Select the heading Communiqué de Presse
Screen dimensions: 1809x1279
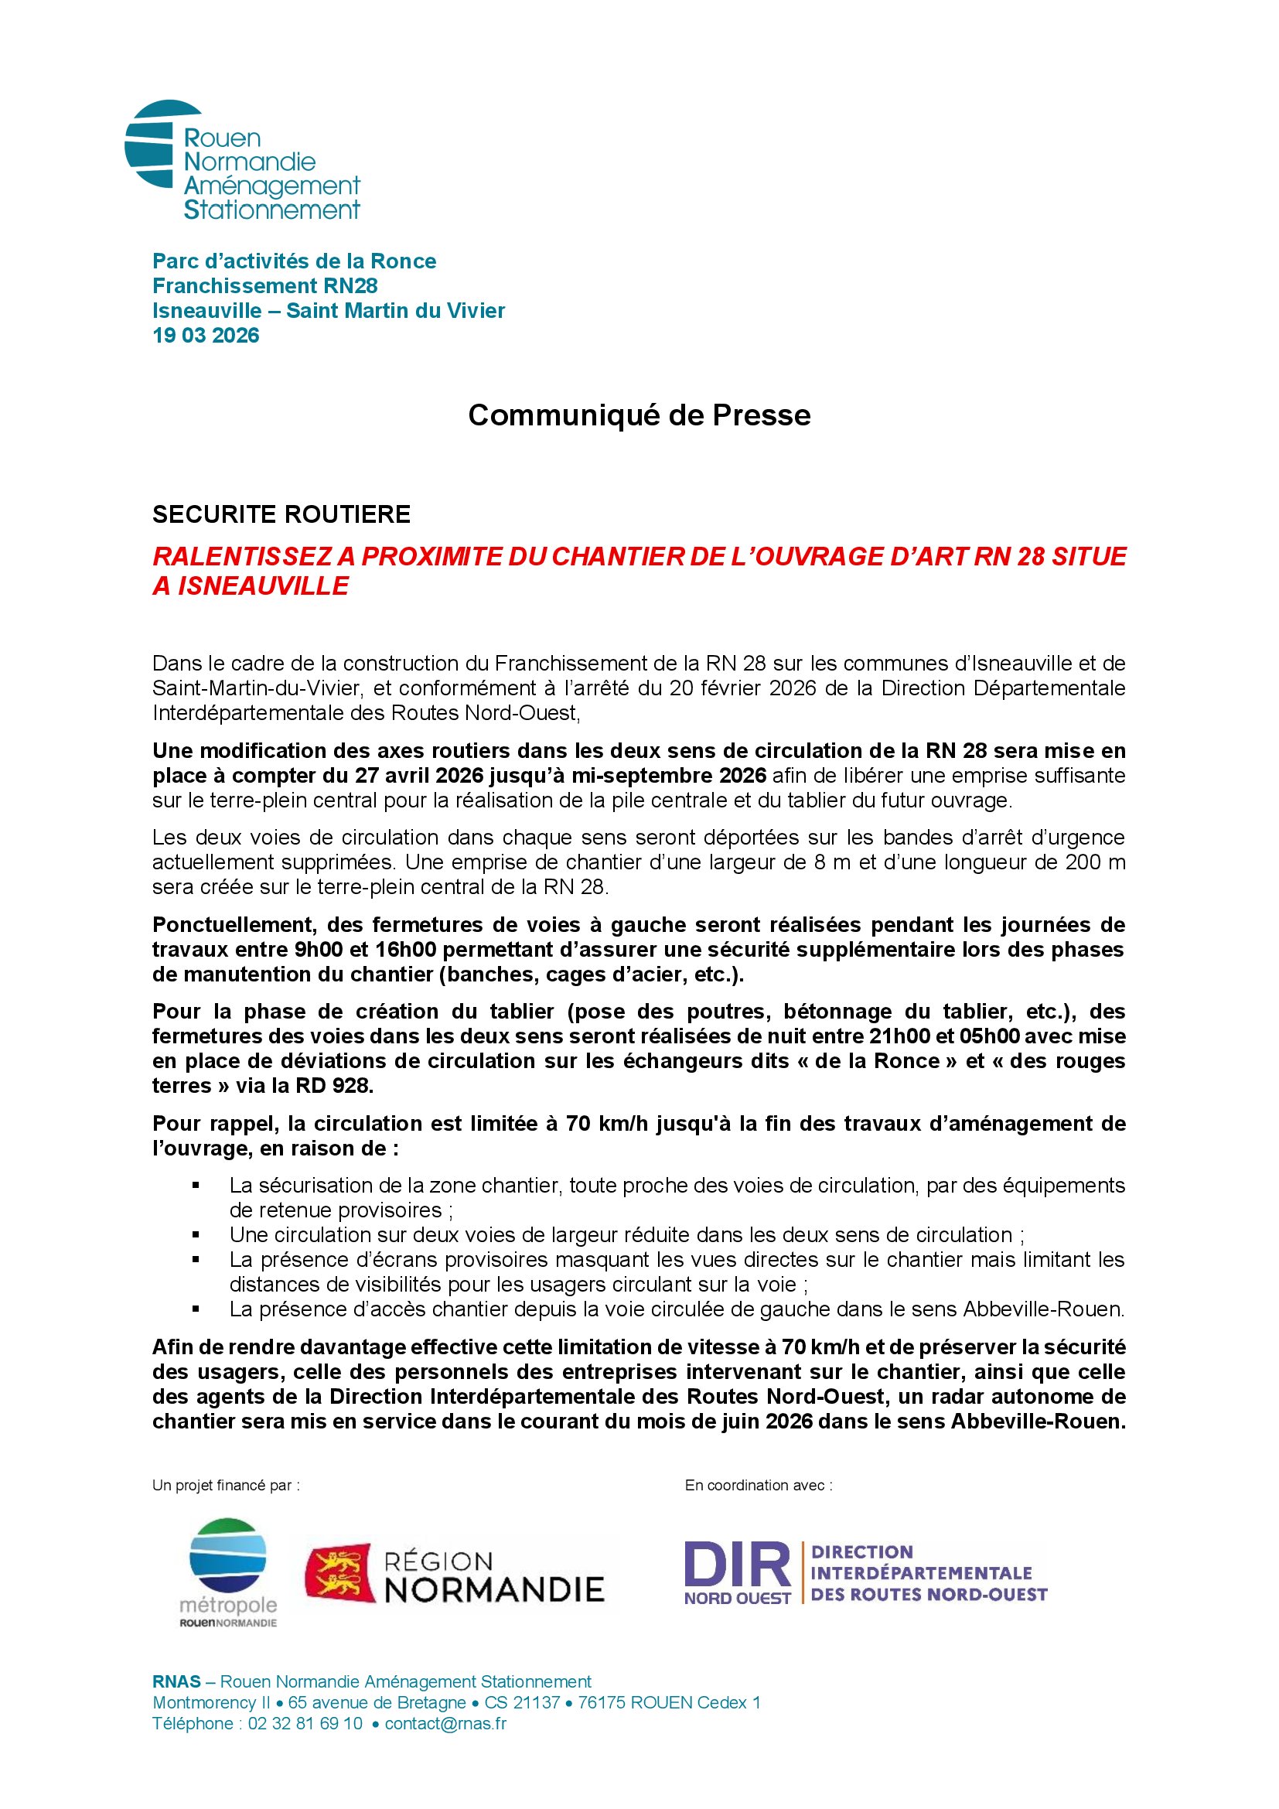(639, 415)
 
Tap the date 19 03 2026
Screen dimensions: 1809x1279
(206, 336)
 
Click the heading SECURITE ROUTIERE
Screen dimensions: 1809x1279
(281, 514)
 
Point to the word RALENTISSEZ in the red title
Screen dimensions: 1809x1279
(242, 556)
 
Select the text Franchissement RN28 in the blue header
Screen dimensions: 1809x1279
(264, 286)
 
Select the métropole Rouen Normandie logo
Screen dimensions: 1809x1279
(228, 1570)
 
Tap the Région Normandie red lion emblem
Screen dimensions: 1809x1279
(340, 1572)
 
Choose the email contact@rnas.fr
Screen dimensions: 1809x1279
(445, 1724)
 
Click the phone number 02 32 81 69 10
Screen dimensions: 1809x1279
(305, 1724)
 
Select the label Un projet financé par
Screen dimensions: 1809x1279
(225, 1485)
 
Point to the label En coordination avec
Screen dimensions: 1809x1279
(758, 1485)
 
